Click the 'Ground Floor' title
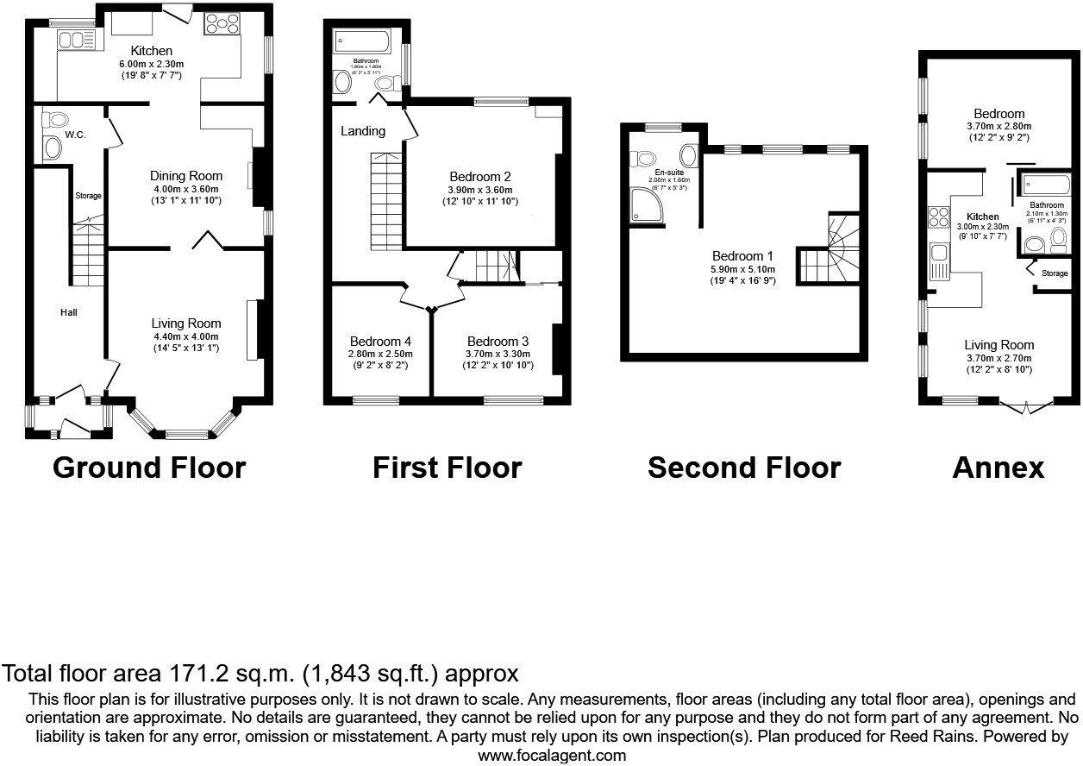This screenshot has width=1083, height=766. click(x=149, y=468)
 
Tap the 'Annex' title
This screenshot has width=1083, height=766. click(x=998, y=468)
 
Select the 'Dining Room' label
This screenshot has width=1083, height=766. click(x=186, y=176)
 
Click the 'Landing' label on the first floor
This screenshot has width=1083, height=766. click(x=363, y=131)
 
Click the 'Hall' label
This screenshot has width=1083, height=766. click(x=69, y=311)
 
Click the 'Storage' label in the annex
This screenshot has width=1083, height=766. click(x=1055, y=273)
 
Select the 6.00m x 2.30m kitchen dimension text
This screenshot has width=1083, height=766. click(x=151, y=64)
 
